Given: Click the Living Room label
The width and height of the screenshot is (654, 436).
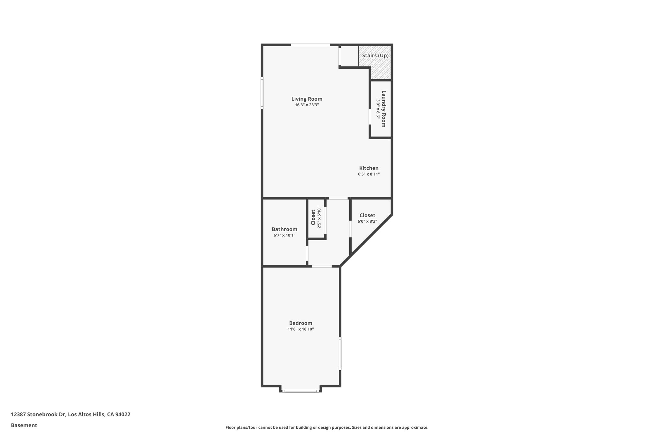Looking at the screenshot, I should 307,99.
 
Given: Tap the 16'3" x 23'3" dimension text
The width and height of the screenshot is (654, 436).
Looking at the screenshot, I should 307,105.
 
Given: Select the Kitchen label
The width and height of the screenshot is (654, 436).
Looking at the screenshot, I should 369,168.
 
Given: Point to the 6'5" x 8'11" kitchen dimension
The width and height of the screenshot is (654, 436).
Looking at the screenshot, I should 369,174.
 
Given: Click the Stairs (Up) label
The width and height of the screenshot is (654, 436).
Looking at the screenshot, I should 375,56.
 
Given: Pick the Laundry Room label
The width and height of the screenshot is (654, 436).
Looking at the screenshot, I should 384,109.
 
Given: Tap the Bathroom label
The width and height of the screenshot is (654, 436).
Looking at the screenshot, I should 284,229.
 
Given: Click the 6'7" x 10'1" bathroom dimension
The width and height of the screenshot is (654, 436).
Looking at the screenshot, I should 284,235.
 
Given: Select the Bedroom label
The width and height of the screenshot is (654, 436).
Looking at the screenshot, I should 300,323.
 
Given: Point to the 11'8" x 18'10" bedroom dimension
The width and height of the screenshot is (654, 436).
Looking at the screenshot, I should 300,329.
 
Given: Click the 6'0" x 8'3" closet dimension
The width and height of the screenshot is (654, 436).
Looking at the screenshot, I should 367,221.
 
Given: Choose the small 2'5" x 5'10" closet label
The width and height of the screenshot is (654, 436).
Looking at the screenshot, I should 313,217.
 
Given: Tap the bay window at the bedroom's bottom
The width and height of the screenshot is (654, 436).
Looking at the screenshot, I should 300,391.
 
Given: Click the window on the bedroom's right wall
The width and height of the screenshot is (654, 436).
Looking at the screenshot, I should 340,354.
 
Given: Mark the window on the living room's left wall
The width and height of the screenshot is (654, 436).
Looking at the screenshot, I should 262,93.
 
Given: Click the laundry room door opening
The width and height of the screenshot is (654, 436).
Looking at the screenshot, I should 369,117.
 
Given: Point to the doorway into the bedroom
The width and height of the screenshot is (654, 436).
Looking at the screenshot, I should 322,266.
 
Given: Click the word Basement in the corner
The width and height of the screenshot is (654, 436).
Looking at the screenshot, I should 24,425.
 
